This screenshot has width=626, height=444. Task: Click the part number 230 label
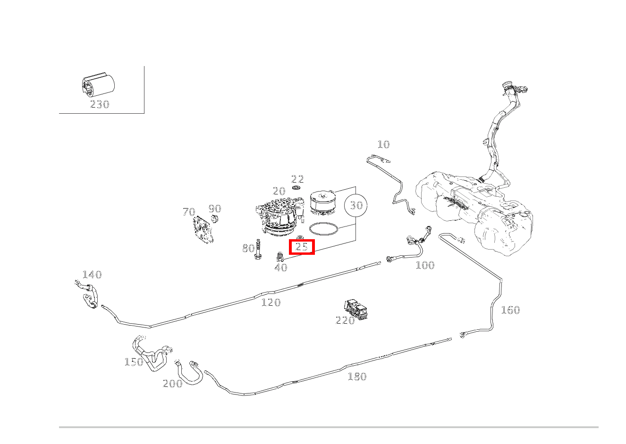[100, 104]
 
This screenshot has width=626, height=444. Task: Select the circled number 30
[356, 205]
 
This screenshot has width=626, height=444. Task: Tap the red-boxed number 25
[302, 247]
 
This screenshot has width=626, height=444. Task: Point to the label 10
[383, 144]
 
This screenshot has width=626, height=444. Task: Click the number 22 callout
[297, 179]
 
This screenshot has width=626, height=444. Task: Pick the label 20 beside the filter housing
[279, 191]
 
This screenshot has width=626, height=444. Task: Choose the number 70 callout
[189, 212]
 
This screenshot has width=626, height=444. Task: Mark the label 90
[215, 209]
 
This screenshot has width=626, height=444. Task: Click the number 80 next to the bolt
[248, 248]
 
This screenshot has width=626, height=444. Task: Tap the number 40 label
[281, 268]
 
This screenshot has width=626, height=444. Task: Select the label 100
[425, 265]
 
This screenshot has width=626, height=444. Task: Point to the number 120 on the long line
[271, 302]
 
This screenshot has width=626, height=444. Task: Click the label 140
[92, 275]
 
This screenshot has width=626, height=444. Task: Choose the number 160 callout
[510, 310]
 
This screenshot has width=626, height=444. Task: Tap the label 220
[345, 320]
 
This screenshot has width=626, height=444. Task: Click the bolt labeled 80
[258, 250]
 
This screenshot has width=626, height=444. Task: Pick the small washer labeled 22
[297, 188]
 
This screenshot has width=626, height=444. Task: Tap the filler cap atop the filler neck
[508, 85]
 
